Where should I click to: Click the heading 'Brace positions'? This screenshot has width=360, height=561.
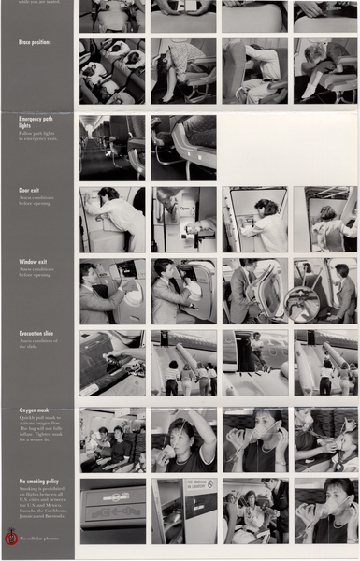click(35, 43)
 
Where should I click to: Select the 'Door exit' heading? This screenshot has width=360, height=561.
click(29, 190)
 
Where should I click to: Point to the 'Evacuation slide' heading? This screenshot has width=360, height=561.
click(37, 333)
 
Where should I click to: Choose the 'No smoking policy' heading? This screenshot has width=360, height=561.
click(40, 482)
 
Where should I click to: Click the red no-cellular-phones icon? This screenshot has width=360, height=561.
click(11, 537)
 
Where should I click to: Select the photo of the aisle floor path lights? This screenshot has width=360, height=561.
click(112, 147)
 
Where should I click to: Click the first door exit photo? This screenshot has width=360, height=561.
click(112, 219)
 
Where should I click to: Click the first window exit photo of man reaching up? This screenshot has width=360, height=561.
click(112, 291)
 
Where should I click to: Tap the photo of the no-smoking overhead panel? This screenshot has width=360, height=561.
click(112, 511)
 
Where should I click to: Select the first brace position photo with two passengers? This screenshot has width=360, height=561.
click(112, 70)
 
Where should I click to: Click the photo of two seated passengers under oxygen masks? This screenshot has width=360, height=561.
click(112, 439)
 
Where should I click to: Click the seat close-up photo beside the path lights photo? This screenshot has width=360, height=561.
click(184, 147)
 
